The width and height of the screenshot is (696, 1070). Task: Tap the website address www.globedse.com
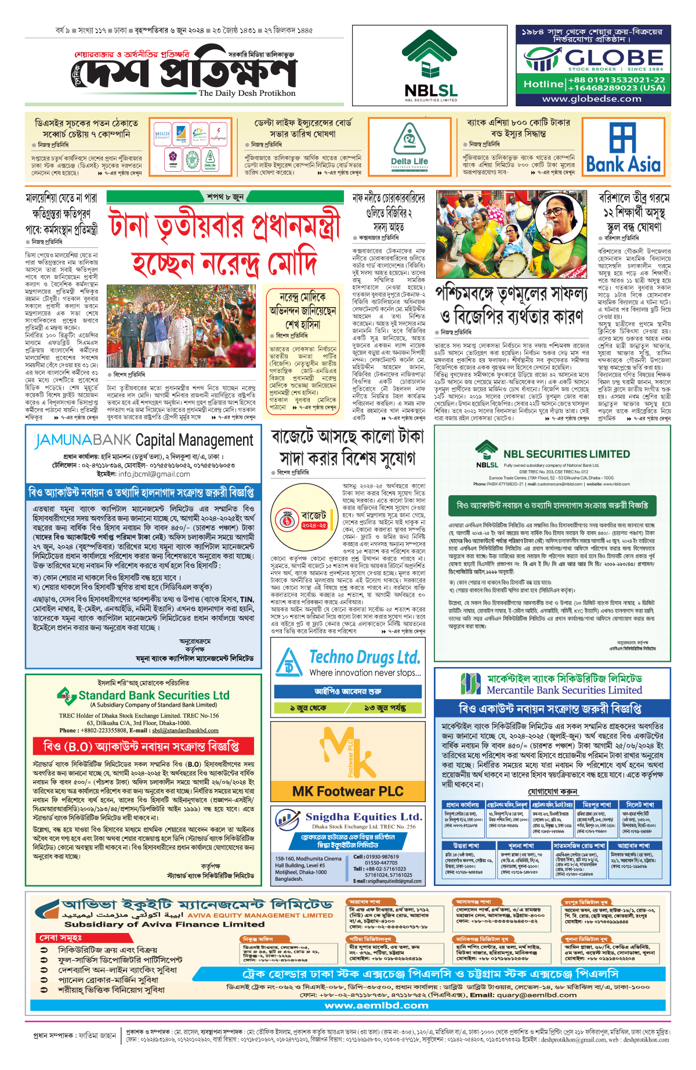[x=591, y=99]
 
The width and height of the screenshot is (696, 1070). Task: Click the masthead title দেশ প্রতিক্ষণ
[x=186, y=72]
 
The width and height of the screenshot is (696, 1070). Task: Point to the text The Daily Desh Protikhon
[x=247, y=93]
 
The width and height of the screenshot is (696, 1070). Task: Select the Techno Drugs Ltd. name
[x=364, y=658]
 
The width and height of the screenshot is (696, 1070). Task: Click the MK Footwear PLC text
[x=347, y=791]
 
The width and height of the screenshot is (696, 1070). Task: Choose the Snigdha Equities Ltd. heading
[x=364, y=817]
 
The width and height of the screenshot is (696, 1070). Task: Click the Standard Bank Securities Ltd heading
[x=154, y=696]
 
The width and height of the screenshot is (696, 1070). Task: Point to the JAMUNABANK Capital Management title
[x=144, y=440]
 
